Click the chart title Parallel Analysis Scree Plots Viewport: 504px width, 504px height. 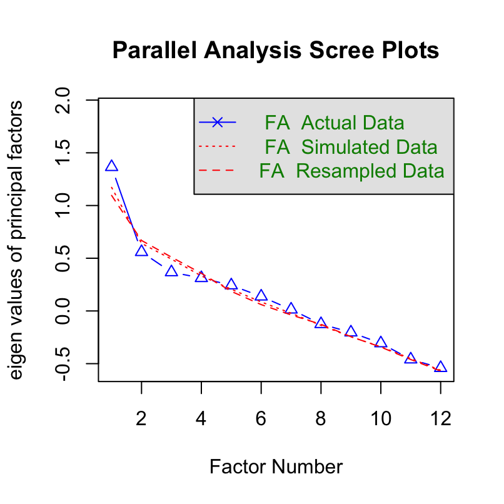275,50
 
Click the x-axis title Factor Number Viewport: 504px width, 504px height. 276,466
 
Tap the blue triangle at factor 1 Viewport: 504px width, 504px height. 111,166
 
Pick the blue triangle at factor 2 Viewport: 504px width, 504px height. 141,251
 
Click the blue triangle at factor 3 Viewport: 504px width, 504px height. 171,271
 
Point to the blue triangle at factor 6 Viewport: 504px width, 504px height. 261,296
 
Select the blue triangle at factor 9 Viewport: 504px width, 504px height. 351,331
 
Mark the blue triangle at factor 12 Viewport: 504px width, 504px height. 441,367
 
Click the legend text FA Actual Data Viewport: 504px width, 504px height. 334,122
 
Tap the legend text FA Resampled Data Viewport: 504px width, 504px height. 351,171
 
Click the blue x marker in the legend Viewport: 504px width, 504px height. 217,122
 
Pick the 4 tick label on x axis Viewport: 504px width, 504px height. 201,419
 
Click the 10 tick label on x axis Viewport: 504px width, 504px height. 381,419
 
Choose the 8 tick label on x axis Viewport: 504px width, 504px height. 321,419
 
